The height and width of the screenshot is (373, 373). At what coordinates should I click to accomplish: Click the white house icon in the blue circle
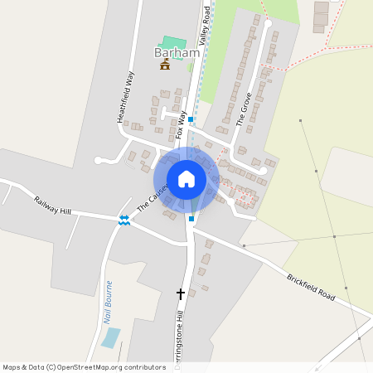click(186, 179)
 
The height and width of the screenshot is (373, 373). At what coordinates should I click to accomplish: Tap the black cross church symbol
click(180, 293)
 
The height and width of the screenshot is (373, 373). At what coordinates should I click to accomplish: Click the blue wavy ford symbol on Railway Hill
click(124, 219)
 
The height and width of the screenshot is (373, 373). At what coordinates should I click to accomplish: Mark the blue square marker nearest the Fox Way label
click(191, 119)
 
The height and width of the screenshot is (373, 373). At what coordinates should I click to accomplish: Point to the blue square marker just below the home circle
click(191, 219)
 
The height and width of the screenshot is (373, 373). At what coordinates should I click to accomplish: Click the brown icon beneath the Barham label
click(165, 66)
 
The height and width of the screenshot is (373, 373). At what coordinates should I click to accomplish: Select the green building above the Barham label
click(172, 41)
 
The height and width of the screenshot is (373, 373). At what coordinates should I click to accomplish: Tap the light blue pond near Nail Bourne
click(110, 337)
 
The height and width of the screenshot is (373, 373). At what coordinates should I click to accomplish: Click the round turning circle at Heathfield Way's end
click(99, 159)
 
